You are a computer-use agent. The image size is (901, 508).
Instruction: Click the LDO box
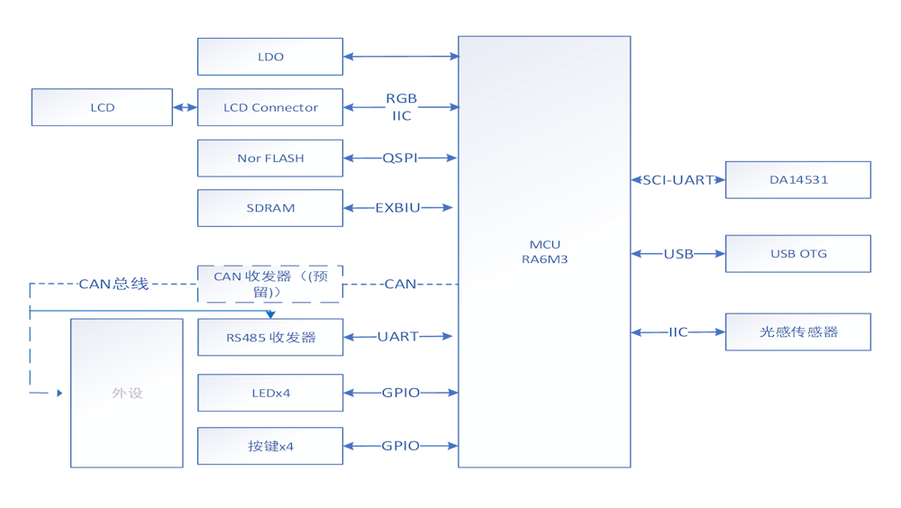[270, 57]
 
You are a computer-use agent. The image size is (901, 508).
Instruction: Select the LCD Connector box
[270, 107]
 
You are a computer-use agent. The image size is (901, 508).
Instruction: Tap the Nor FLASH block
[270, 158]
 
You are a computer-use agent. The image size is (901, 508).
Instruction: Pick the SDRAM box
[270, 208]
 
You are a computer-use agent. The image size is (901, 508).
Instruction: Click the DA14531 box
[798, 180]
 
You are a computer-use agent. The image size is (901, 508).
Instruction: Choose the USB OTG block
[798, 253]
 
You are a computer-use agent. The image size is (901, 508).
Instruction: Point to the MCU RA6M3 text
[545, 251]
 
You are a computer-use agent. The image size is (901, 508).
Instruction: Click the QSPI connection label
[400, 158]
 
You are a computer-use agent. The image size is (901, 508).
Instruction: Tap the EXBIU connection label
[397, 207]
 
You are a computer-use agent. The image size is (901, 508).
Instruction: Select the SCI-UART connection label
[678, 180]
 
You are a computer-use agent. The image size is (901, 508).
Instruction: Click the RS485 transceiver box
[270, 338]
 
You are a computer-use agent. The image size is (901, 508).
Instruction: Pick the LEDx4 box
[270, 393]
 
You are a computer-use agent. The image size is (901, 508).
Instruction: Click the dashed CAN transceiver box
[270, 284]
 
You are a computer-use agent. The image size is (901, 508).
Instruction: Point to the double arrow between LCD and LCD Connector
[185, 107]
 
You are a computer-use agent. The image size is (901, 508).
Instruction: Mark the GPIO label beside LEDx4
[401, 393]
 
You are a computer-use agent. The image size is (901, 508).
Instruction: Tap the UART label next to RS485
[397, 336]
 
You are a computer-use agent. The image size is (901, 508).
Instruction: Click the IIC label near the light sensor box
[678, 331]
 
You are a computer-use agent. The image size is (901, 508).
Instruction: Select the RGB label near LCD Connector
[401, 98]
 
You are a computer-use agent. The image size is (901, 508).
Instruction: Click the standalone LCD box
[103, 107]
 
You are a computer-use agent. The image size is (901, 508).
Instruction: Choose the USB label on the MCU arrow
[678, 253]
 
